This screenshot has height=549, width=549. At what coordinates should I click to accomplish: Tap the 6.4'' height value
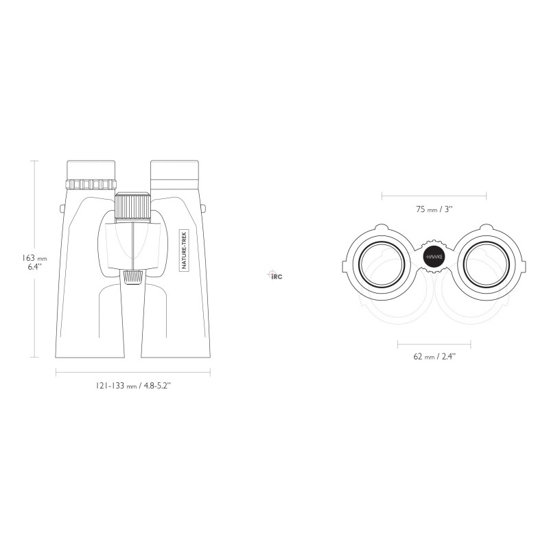[x=35, y=267]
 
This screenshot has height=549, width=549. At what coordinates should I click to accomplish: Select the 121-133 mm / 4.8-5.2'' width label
[x=133, y=386]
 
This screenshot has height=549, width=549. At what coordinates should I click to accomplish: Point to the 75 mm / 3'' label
[x=434, y=209]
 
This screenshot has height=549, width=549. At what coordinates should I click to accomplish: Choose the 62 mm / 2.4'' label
[x=434, y=357]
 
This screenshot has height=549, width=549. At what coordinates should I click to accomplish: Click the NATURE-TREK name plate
[x=184, y=250]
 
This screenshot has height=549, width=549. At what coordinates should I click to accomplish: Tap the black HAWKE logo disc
[x=434, y=257]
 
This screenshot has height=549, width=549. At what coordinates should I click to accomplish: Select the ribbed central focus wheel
[x=133, y=207]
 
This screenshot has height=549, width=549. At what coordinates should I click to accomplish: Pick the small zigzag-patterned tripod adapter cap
[x=133, y=278]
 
